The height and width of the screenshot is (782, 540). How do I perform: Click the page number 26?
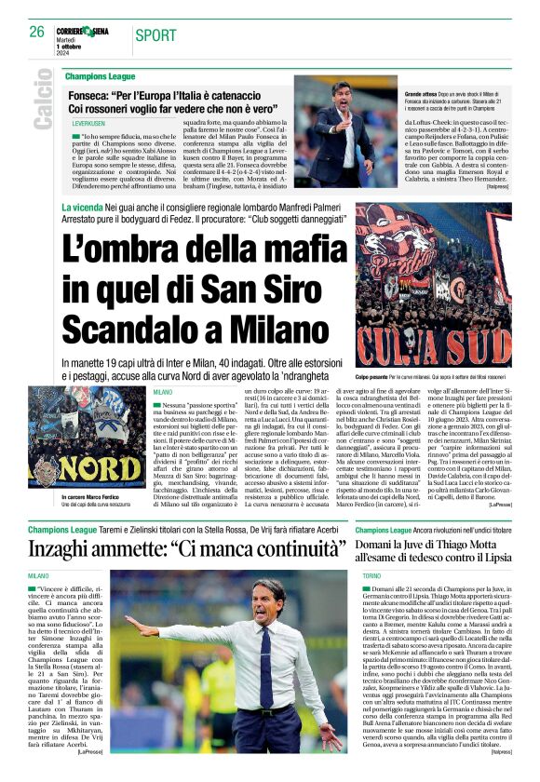37,32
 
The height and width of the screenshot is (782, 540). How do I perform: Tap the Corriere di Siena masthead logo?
83,31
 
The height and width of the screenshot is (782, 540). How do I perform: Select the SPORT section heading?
155,35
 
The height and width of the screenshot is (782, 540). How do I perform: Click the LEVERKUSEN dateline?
83,122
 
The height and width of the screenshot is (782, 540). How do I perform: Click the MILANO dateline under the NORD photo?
164,393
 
